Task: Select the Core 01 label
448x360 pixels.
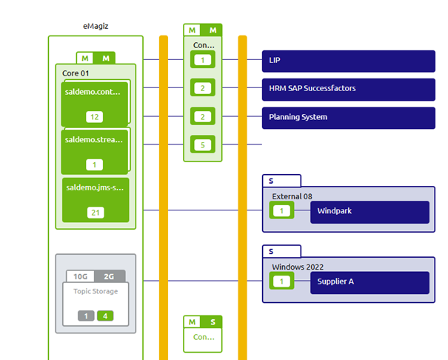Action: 76,73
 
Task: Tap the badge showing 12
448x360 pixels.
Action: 94,117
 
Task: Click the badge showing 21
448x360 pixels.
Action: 94,213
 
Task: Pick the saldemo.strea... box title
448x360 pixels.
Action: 93,139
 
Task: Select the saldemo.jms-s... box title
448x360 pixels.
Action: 93,187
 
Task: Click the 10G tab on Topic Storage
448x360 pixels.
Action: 81,276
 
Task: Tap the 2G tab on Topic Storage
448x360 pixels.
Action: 110,276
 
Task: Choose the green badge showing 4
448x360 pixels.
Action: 105,316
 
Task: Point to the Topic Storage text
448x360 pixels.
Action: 96,291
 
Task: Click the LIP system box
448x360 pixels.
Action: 348,60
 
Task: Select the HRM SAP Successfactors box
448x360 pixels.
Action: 348,88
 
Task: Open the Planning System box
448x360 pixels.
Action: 348,117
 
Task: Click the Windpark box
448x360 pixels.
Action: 370,211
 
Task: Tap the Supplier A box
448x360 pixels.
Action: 370,281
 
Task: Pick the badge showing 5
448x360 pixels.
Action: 203,145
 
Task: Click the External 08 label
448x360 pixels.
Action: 292,196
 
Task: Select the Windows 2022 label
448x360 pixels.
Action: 298,267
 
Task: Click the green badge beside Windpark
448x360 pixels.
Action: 281,211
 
